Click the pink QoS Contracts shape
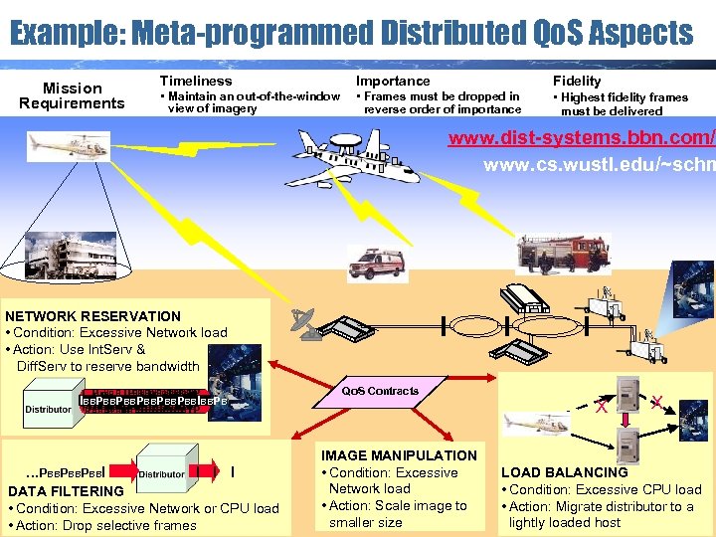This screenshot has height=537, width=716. [381, 391]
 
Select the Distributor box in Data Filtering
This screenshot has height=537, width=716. [162, 473]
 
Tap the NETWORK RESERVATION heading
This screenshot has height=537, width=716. [93, 316]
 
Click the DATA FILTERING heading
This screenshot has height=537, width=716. [66, 491]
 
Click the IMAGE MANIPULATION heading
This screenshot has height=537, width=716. [399, 455]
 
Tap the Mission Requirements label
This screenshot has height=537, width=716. [72, 95]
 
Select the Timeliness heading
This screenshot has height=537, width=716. [196, 81]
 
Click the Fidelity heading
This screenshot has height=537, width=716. [577, 81]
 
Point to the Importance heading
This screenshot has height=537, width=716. [394, 81]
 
